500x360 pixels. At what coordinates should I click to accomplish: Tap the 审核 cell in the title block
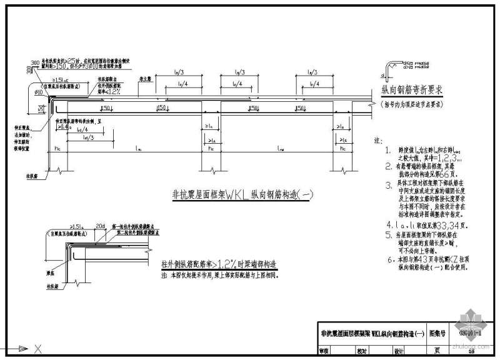coord(324,352)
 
